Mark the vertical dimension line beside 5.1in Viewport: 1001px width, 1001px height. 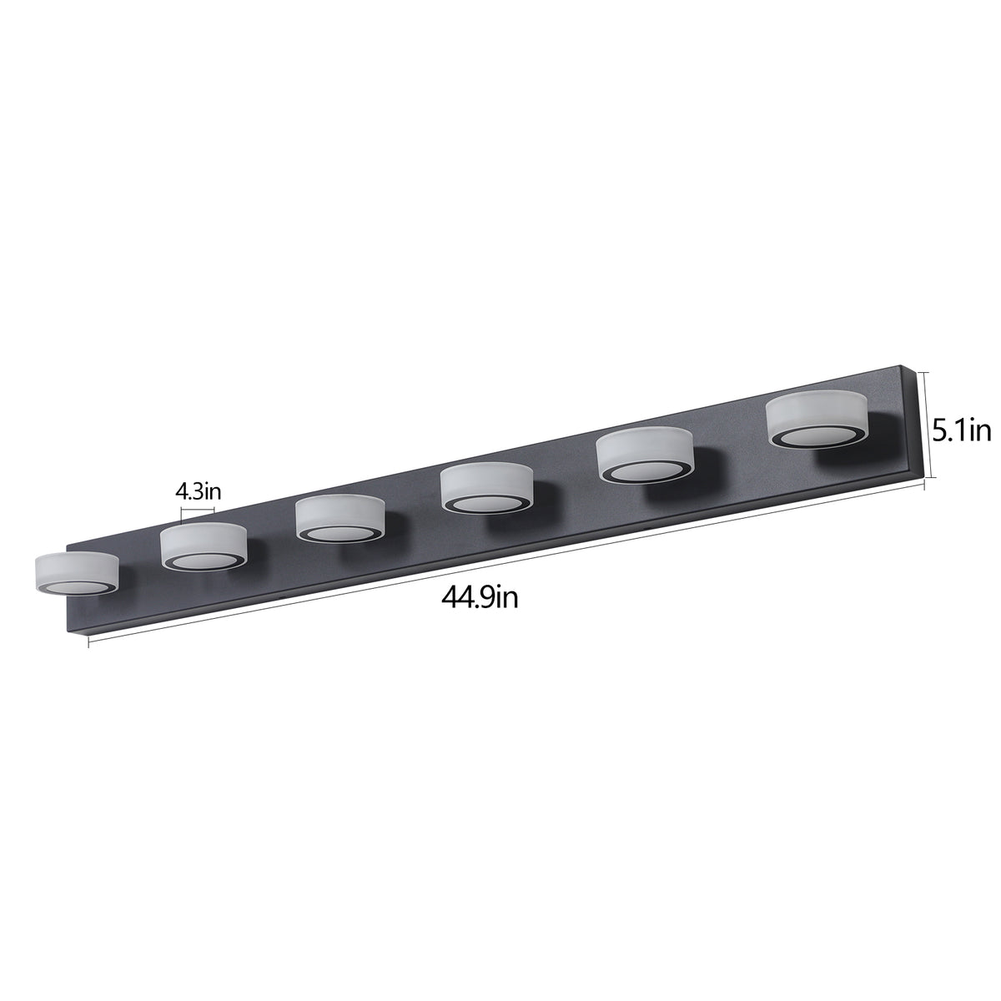point(925,425)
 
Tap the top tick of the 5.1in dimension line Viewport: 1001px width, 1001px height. point(925,373)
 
